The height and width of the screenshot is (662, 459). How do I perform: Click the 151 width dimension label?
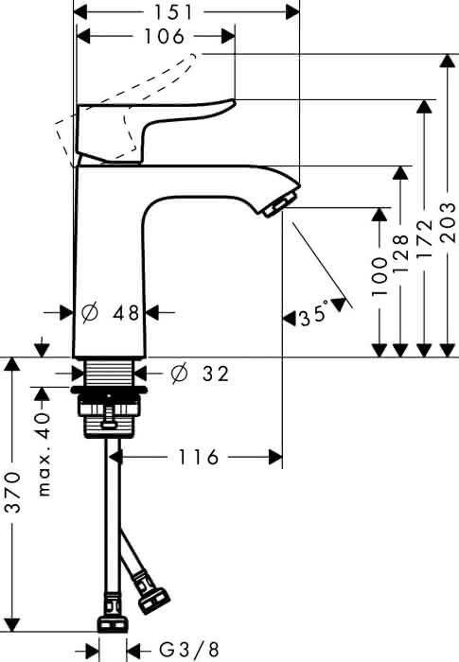coord(172,12)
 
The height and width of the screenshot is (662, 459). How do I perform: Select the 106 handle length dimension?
coord(165,36)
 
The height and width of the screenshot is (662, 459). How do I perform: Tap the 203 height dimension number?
coord(448,222)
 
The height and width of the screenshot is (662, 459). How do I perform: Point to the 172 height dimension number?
coord(425,238)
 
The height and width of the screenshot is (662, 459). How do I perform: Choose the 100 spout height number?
coord(380,276)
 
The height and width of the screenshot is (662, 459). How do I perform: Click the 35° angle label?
coord(314,314)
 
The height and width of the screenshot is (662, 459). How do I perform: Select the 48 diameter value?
coord(126,313)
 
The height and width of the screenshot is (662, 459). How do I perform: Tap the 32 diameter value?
coord(216,374)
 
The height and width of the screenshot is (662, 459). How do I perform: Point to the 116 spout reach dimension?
coord(198,457)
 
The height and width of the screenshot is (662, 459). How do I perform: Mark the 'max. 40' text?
coord(44,454)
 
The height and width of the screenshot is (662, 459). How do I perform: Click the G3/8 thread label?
coord(189,650)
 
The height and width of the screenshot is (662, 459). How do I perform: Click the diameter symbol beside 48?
coord(90,313)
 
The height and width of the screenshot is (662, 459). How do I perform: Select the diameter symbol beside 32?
coord(178,374)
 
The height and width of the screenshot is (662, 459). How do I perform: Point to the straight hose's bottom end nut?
coord(113,624)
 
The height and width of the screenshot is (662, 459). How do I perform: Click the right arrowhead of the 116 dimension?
coord(275,457)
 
